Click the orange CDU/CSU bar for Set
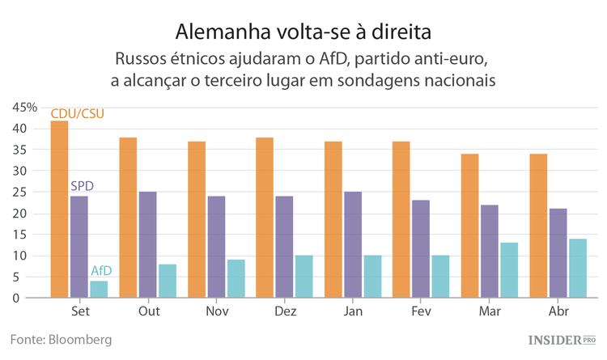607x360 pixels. click(x=59, y=210)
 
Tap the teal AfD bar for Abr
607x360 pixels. click(x=577, y=268)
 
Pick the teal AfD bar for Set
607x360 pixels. click(x=99, y=289)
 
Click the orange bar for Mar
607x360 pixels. click(x=470, y=226)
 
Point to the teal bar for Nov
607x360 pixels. click(x=236, y=278)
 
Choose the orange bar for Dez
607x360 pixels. click(x=265, y=218)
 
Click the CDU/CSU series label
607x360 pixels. click(x=78, y=114)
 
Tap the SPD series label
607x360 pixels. click(x=82, y=186)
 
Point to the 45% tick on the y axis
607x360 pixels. click(x=25, y=108)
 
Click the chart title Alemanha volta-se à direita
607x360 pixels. click(x=303, y=32)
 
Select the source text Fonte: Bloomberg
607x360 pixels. click(x=61, y=339)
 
